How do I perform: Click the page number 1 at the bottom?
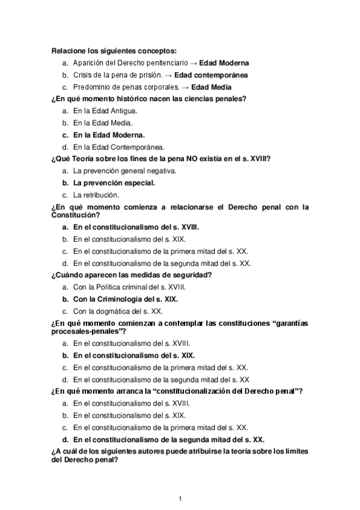pos(180,498)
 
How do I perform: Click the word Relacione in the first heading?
pos(70,51)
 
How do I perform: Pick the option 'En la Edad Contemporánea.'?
pos(119,146)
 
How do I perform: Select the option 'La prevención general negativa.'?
pos(124,171)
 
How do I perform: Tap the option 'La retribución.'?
pos(96,195)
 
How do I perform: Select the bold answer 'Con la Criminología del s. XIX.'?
pos(126,299)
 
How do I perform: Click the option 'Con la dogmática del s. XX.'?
pos(117,311)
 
